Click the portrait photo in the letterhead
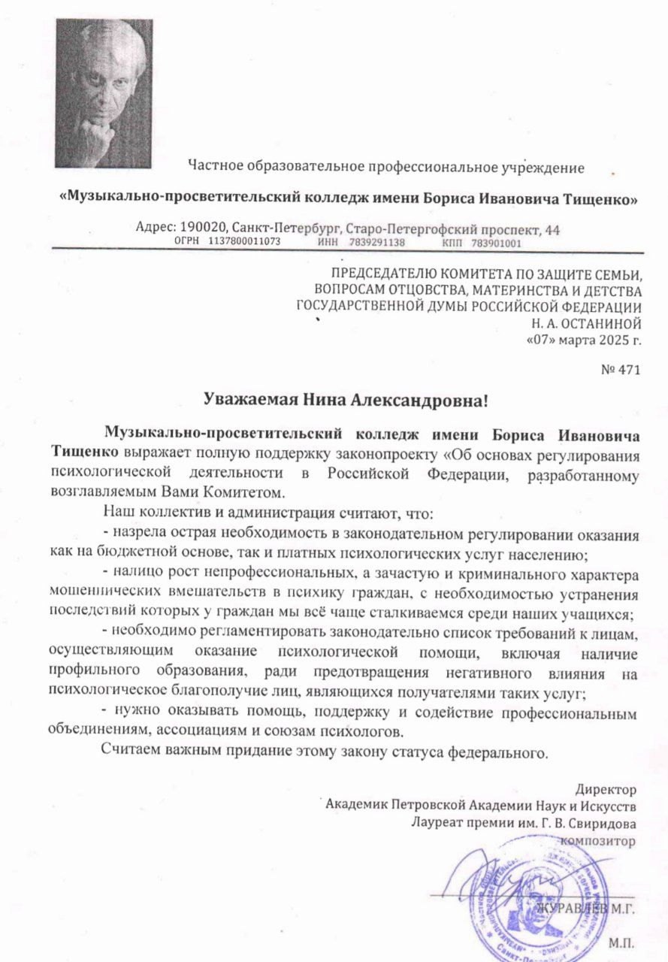click(x=104, y=93)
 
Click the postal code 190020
click(x=202, y=228)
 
